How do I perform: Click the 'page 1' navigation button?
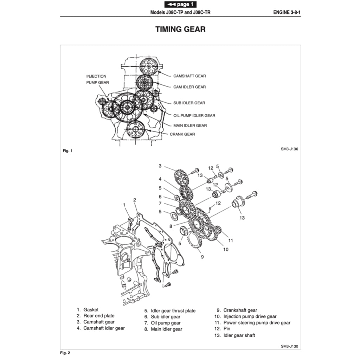[x=180, y=4]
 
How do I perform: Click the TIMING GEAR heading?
[x=180, y=29]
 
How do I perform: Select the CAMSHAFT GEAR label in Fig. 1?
[x=189, y=76]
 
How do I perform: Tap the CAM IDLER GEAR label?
[x=189, y=87]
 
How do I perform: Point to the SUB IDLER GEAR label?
[x=189, y=103]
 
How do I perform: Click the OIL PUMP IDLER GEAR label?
[x=194, y=115]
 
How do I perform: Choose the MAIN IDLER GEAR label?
[x=190, y=125]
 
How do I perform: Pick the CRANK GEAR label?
[x=182, y=134]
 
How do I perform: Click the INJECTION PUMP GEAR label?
[x=97, y=79]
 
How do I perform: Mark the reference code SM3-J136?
[x=289, y=149]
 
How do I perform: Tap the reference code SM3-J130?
[x=289, y=346]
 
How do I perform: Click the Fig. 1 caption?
[x=67, y=151]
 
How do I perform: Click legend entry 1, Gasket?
[x=88, y=310]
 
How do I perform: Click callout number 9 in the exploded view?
[x=202, y=257]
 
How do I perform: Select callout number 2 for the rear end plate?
[x=135, y=200]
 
